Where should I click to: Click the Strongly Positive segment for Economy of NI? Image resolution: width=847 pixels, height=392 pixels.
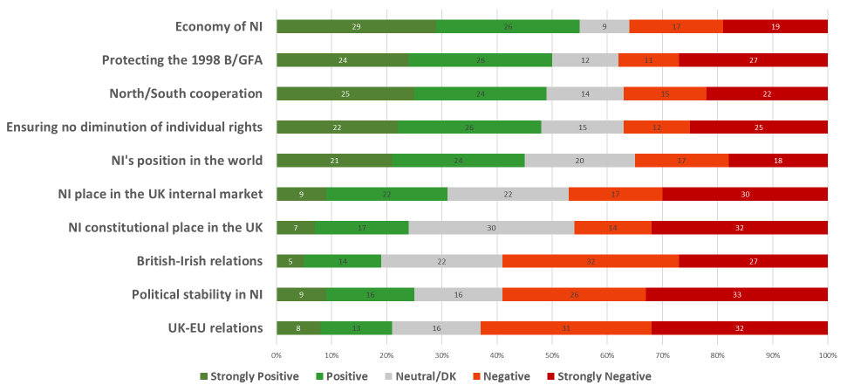356,26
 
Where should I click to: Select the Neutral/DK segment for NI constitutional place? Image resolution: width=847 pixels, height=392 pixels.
491,228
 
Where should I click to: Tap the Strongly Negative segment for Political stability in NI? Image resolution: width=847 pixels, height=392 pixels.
736,295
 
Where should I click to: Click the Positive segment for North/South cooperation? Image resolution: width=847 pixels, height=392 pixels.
481,93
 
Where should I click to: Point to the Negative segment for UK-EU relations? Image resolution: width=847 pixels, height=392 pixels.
566,328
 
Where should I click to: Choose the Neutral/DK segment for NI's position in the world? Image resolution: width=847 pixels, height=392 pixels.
579,161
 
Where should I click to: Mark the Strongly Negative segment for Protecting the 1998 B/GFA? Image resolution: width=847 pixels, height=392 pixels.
754,60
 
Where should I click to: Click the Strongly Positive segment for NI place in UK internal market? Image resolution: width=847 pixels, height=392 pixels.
301,194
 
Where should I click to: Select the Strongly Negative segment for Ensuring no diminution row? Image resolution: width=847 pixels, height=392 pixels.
759,127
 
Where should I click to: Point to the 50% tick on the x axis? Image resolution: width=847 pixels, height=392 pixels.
552,356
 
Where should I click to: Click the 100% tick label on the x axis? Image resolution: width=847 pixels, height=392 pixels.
827,356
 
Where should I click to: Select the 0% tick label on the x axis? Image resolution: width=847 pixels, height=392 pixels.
277,356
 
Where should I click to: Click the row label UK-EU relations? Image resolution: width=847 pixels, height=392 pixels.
215,328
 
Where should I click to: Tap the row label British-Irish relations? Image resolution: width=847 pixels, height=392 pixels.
199,261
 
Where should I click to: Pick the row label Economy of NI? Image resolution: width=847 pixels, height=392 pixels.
219,26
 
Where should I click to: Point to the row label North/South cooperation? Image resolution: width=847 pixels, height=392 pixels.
186,93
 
